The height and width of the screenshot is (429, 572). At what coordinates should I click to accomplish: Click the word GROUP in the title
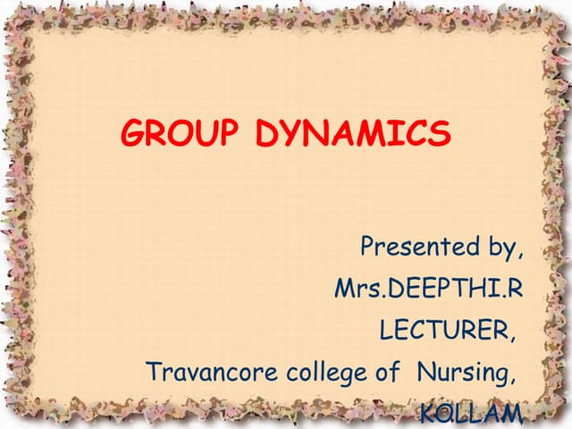tap(180, 134)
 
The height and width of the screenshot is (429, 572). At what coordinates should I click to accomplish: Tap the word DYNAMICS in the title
tap(353, 134)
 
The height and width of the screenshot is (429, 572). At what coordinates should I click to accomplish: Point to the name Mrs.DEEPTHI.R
tap(427, 289)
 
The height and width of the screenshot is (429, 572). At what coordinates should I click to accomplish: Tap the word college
tap(324, 373)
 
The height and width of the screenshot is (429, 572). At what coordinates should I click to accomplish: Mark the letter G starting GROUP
tap(135, 134)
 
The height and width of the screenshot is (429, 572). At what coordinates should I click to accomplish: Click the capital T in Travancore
tap(153, 371)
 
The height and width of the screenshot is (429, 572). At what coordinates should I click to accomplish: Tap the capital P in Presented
tap(367, 247)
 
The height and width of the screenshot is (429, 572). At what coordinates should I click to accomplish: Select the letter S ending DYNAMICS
tap(440, 134)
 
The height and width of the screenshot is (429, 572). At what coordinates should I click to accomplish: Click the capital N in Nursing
tap(425, 371)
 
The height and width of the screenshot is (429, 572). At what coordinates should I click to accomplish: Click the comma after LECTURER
tap(513, 336)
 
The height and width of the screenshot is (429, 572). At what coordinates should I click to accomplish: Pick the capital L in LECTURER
tap(387, 330)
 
